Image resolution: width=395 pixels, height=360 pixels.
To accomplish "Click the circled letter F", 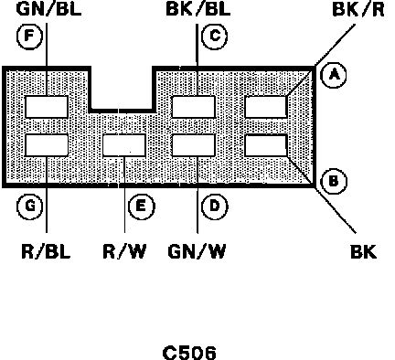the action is [x=29, y=36].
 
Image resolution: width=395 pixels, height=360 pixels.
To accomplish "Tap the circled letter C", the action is [x=215, y=36].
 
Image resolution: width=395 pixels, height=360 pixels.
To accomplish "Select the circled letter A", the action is [x=334, y=75].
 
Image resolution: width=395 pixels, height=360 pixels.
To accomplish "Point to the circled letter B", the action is [x=334, y=181].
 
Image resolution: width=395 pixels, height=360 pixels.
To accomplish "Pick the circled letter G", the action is [x=29, y=206].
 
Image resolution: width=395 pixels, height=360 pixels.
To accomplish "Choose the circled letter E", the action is [x=142, y=206].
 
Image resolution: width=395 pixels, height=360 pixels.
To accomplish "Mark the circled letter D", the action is [x=215, y=206].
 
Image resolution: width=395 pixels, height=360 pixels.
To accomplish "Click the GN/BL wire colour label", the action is [x=48, y=9].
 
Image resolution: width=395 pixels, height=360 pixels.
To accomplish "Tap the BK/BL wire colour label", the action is [x=198, y=9].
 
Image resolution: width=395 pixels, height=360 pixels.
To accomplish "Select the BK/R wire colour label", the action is [x=358, y=9].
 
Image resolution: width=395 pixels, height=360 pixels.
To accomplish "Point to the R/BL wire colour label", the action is [x=46, y=251].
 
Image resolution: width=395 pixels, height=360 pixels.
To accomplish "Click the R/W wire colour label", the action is [x=124, y=251].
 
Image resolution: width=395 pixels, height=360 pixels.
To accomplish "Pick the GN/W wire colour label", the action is [x=197, y=251].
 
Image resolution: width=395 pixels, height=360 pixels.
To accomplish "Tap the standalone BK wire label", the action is [x=364, y=251].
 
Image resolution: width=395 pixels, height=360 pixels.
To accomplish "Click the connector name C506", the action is [x=189, y=353].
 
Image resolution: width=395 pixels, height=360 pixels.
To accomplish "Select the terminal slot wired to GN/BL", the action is [x=47, y=107].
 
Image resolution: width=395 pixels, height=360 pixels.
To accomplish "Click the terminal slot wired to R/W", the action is [x=124, y=145].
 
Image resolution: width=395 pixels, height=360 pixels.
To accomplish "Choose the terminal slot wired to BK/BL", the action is [x=194, y=107].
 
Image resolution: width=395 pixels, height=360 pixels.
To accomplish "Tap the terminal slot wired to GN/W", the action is [x=194, y=145].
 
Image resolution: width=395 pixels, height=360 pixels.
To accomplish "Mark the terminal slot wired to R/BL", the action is [x=47, y=145].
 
